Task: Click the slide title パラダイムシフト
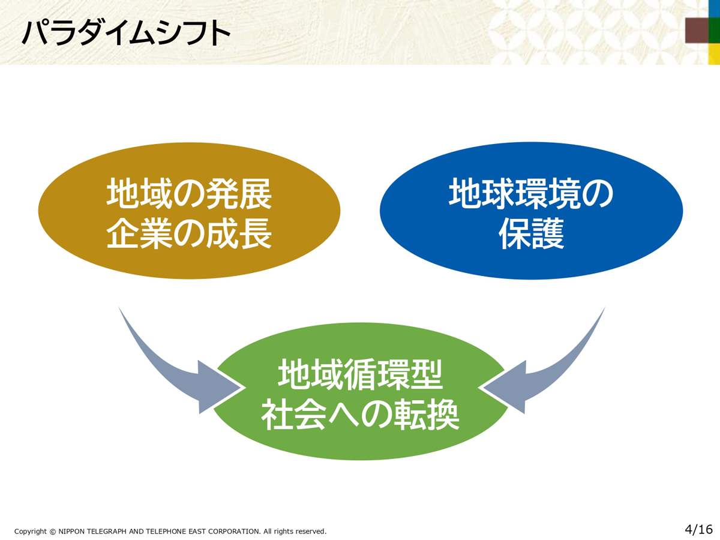tap(126, 33)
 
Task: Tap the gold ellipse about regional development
tap(189, 211)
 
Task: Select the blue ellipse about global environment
tap(531, 211)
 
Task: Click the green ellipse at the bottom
tap(361, 391)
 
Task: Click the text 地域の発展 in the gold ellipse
tap(189, 193)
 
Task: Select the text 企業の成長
tap(189, 233)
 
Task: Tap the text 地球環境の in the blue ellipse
tap(531, 193)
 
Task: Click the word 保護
tap(531, 233)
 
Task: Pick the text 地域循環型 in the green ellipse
tap(361, 374)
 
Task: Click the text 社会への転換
tap(361, 414)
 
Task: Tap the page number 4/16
tap(698, 529)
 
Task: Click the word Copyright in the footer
tap(31, 532)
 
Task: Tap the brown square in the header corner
tap(697, 30)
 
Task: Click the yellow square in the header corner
tap(715, 54)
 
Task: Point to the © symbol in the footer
tap(52, 532)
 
